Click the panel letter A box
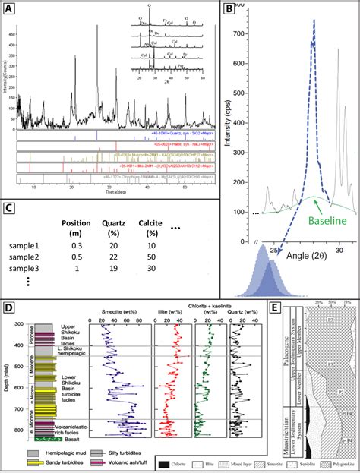pos(11,11)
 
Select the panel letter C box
pos(10,210)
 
